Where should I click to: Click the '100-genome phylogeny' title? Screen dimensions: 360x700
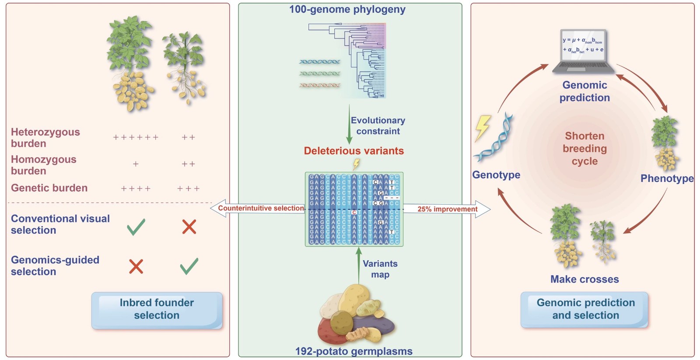(x=347, y=9)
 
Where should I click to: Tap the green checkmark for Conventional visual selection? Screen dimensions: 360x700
(x=136, y=227)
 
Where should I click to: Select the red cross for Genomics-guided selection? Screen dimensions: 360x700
(x=136, y=266)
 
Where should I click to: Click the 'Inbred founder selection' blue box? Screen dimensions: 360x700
(x=157, y=310)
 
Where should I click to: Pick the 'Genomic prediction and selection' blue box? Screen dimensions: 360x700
(x=585, y=309)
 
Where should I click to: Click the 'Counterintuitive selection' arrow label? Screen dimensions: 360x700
(x=261, y=208)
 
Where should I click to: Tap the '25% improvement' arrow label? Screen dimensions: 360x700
(x=447, y=209)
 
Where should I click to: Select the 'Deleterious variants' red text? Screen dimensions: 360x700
(x=354, y=151)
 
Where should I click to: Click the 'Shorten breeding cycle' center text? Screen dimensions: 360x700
(x=584, y=148)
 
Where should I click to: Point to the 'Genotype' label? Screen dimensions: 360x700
(x=496, y=175)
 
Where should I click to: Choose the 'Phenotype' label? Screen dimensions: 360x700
(x=667, y=178)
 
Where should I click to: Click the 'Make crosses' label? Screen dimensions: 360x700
(x=584, y=279)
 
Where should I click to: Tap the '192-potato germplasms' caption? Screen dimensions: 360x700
(x=353, y=351)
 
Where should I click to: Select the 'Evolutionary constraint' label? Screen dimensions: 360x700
(x=378, y=126)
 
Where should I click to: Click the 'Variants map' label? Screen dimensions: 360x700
(x=380, y=269)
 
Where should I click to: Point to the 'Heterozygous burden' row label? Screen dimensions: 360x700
(x=45, y=138)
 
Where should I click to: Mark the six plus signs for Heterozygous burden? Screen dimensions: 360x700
(x=136, y=137)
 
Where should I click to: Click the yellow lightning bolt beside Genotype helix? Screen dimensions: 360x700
(x=483, y=127)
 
